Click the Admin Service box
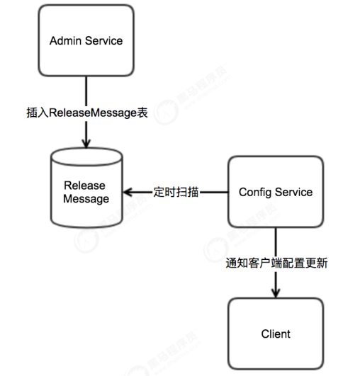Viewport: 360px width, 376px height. [x=86, y=40]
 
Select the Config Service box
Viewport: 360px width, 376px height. [x=275, y=192]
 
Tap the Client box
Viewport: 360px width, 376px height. [x=275, y=334]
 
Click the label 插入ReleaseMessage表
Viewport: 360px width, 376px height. [x=86, y=113]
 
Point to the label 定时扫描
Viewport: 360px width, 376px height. [x=174, y=192]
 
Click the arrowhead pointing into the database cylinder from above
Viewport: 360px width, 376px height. [x=86, y=144]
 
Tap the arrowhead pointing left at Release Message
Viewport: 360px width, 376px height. [x=128, y=192]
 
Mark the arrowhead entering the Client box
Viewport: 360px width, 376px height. [x=275, y=292]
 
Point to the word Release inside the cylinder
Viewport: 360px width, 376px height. [x=85, y=186]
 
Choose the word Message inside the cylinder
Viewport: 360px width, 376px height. [x=86, y=199]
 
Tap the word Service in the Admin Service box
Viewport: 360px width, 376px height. [x=103, y=40]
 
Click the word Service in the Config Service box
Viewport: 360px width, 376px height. [x=293, y=192]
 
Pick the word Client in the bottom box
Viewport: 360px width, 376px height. [x=275, y=334]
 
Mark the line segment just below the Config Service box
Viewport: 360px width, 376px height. [x=275, y=241]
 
